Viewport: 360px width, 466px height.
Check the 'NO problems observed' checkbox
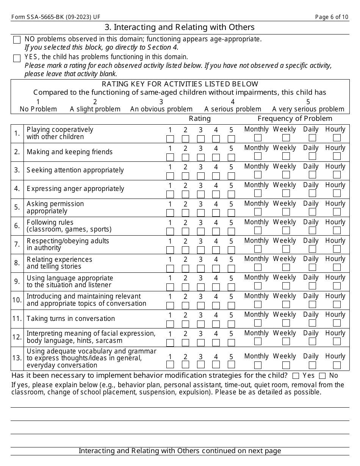17,40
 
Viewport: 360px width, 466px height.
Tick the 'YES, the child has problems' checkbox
17,58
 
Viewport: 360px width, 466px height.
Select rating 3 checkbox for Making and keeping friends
201,157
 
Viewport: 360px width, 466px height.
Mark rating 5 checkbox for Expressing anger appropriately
231,194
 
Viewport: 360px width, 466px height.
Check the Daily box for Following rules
312,230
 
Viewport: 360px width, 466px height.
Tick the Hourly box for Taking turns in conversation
337,323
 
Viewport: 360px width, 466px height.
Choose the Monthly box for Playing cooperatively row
258,138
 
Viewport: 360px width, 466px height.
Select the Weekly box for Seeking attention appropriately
286,175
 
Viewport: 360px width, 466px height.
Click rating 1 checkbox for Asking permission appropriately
170,213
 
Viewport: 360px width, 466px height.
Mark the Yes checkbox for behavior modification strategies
296,376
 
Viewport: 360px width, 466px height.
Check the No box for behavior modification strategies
322,376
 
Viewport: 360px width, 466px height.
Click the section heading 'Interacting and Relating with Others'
180,27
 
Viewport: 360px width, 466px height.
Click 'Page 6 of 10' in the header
332,17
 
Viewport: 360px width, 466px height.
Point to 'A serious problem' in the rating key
233,109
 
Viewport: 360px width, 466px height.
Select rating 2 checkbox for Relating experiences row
185,269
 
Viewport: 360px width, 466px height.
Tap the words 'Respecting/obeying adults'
68,241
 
